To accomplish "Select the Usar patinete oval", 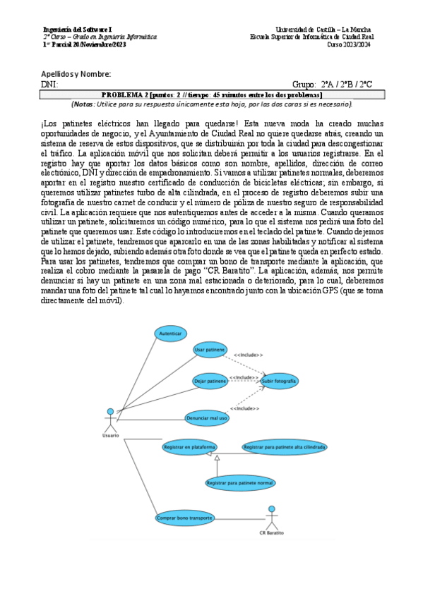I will click(210, 350).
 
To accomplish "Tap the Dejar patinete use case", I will click(210, 382).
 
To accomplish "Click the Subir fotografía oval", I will click(279, 382).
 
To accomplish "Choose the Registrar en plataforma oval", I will click(189, 447).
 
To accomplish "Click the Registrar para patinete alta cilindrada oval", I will click(284, 447).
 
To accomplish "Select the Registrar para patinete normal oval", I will click(239, 483).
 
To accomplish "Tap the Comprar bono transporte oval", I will click(184, 518).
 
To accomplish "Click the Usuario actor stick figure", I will click(109, 420).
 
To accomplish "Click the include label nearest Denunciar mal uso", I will click(244, 409).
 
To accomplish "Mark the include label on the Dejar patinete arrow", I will click(243, 377).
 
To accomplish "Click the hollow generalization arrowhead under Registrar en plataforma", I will click(218, 459).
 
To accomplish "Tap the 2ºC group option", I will click(366, 84).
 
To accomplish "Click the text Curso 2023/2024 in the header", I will click(349, 44).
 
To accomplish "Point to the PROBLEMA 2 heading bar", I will click(211, 94).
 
